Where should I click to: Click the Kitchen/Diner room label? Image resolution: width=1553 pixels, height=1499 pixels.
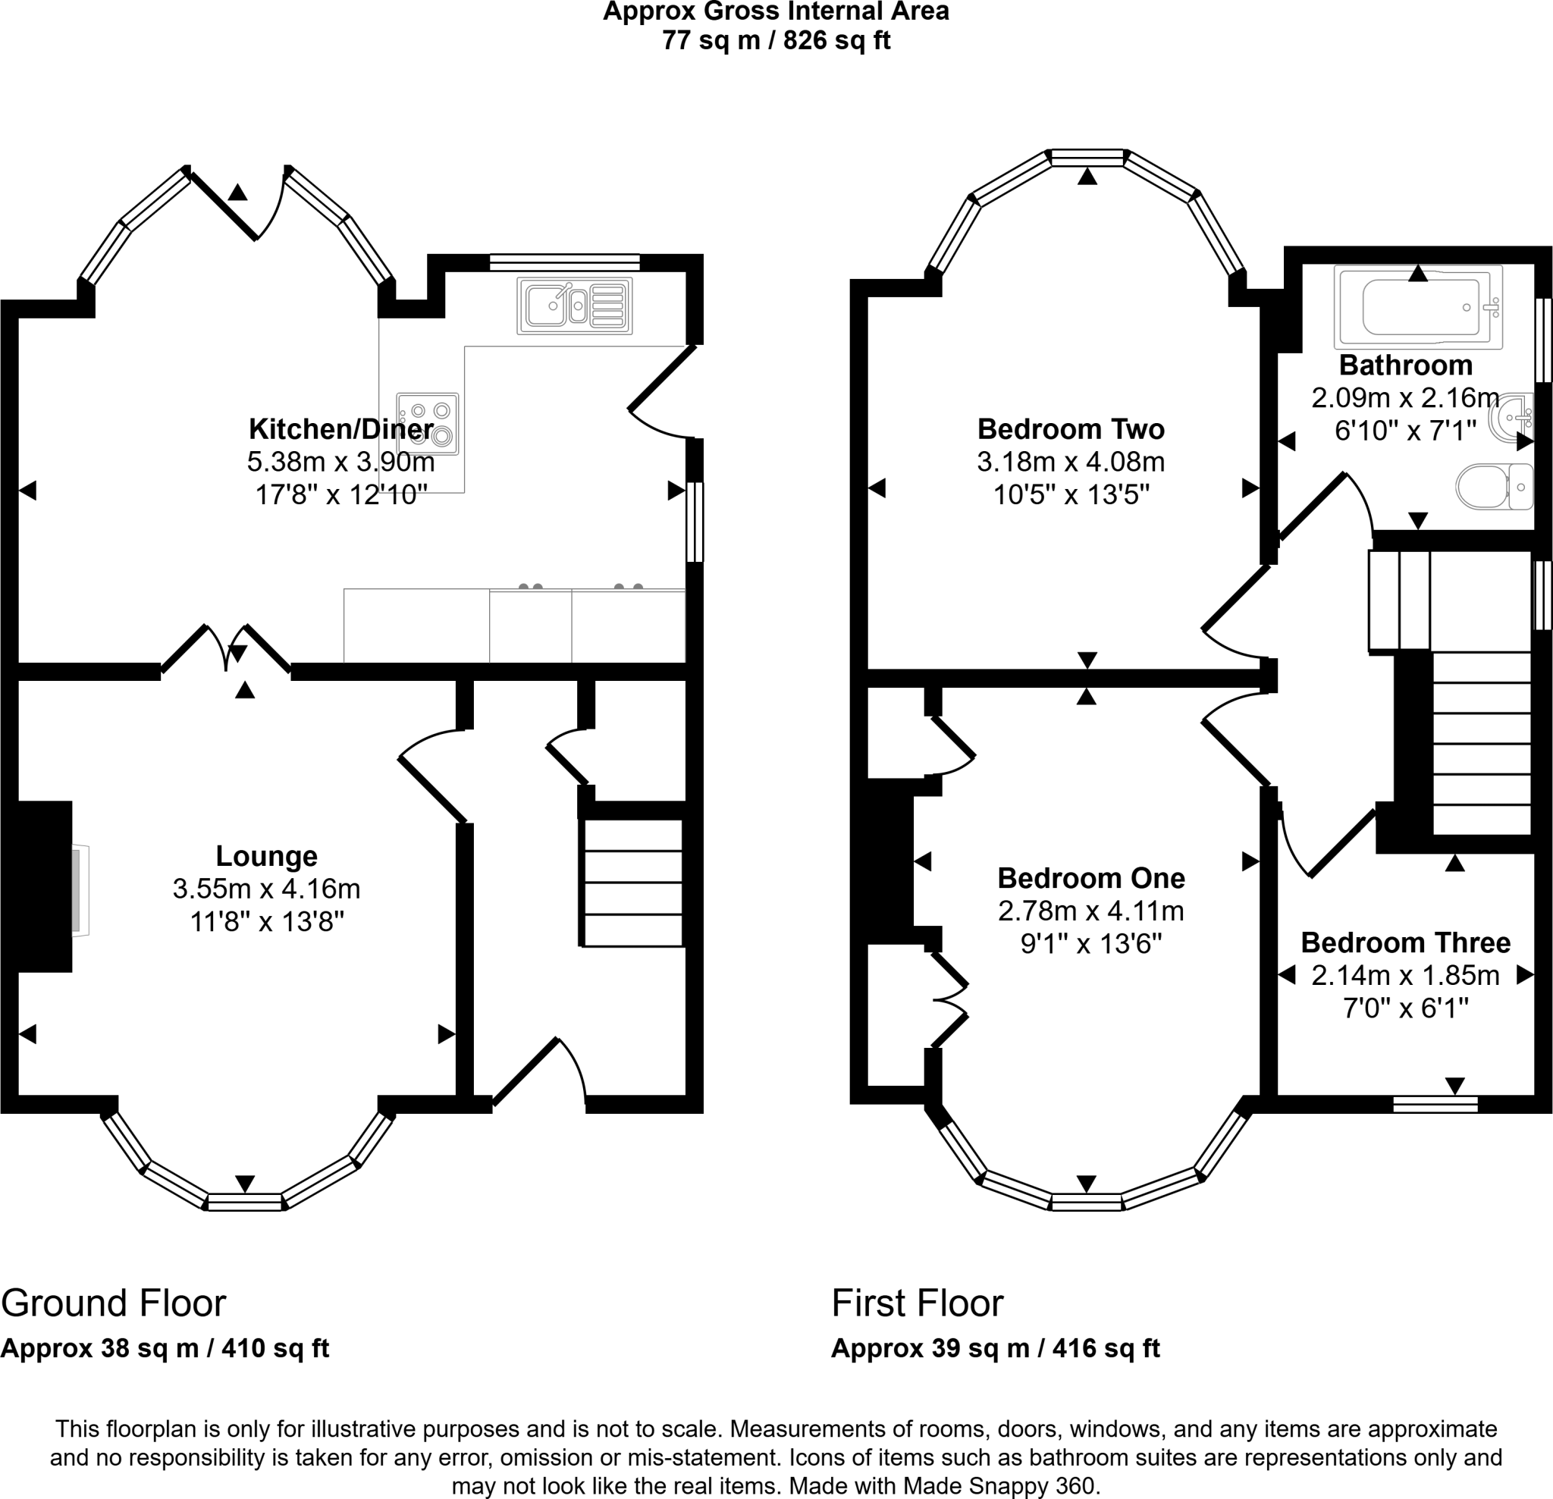pyautogui.click(x=341, y=428)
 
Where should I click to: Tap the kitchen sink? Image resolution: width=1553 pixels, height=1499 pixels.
pyautogui.click(x=575, y=305)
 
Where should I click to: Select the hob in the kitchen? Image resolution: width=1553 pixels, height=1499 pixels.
pyautogui.click(x=428, y=424)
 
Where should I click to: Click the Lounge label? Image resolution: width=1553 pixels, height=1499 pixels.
pyautogui.click(x=266, y=856)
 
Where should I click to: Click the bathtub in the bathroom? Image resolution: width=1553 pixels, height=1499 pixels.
pyautogui.click(x=1418, y=306)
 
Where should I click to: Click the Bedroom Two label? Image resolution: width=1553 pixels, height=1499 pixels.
pyautogui.click(x=1071, y=428)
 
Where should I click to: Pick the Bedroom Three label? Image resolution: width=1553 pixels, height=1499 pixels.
pyautogui.click(x=1406, y=942)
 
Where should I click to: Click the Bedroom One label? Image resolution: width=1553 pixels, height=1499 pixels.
pyautogui.click(x=1091, y=878)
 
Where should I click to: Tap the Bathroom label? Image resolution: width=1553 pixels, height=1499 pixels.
pyautogui.click(x=1406, y=365)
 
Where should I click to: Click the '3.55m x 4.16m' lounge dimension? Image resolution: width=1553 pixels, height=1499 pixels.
pyautogui.click(x=266, y=889)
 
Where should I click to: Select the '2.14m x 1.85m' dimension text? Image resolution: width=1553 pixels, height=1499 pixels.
pyautogui.click(x=1406, y=975)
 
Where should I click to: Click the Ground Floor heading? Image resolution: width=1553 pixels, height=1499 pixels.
pyautogui.click(x=113, y=1303)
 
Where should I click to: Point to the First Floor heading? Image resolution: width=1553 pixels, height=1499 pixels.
pyautogui.click(x=917, y=1303)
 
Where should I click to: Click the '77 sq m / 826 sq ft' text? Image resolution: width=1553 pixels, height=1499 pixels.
pyautogui.click(x=776, y=39)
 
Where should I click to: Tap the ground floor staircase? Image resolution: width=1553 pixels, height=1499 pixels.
pyautogui.click(x=633, y=883)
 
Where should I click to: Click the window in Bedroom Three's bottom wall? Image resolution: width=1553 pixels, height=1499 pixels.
pyautogui.click(x=1435, y=1104)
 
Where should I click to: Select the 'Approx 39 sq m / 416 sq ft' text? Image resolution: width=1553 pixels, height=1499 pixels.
pyautogui.click(x=995, y=1347)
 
